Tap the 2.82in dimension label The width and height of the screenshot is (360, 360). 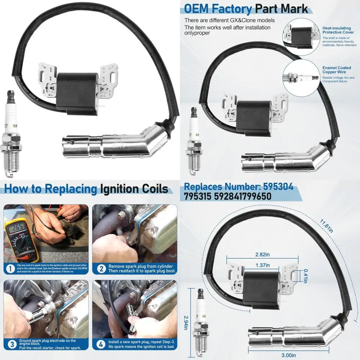(262, 255)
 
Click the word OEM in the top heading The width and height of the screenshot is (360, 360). (199, 8)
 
